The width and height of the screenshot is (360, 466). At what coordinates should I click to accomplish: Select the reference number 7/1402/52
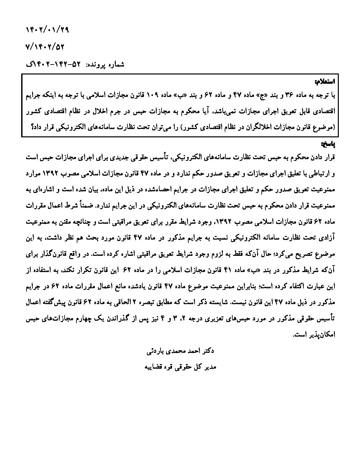(45, 47)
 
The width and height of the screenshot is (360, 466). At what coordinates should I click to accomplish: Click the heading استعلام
(325, 81)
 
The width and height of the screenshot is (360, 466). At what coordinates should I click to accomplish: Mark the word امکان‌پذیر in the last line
(319, 335)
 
